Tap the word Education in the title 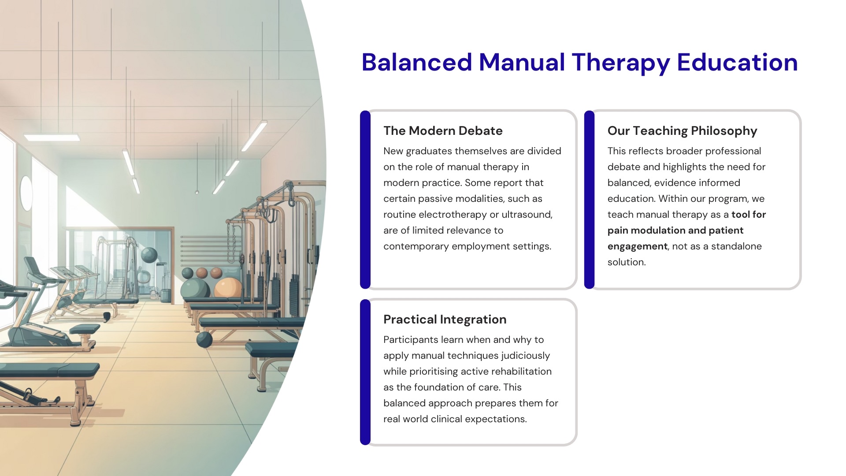pyautogui.click(x=737, y=62)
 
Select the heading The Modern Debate pyautogui.click(x=443, y=130)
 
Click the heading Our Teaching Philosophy pyautogui.click(x=682, y=131)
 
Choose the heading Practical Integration pyautogui.click(x=445, y=320)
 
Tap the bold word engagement pyautogui.click(x=638, y=247)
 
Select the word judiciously pyautogui.click(x=525, y=356)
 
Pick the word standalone pyautogui.click(x=736, y=246)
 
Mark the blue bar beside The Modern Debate pyautogui.click(x=365, y=200)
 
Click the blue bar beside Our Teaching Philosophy pyautogui.click(x=589, y=200)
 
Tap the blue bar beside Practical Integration pyautogui.click(x=365, y=372)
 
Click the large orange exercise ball pyautogui.click(x=228, y=287)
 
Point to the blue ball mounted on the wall pyautogui.click(x=149, y=255)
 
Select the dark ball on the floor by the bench pyautogui.click(x=204, y=340)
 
